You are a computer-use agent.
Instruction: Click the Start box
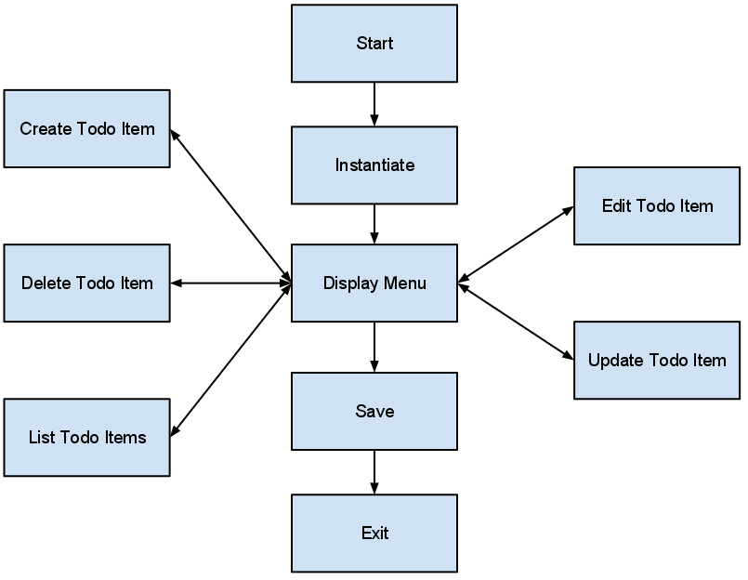coord(374,44)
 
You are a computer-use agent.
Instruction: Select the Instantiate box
coord(374,165)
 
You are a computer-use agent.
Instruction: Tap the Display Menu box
coord(374,283)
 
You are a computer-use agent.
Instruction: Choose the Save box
coord(374,411)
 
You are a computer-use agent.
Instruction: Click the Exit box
coord(374,533)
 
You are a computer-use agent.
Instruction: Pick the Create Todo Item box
coord(86,128)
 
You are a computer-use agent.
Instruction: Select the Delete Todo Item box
coord(86,283)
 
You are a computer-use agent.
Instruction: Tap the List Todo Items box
coord(86,437)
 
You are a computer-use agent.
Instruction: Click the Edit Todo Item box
coord(657,205)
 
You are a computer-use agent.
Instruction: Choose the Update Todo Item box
coord(657,360)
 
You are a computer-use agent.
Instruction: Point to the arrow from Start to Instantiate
coord(374,104)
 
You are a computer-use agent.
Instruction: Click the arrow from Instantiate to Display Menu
coord(374,224)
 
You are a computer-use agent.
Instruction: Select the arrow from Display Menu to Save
coord(374,347)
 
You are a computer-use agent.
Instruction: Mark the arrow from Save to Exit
coord(374,472)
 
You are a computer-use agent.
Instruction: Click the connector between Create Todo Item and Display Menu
coord(230,205)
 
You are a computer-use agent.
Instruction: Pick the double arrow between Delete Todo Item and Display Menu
coord(230,283)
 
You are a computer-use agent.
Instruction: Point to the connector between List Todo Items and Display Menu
coord(230,360)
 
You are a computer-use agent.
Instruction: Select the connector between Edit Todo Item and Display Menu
coord(516,244)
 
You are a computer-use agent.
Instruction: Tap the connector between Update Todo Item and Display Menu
coord(516,322)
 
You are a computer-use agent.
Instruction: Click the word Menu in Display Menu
coord(405,283)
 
